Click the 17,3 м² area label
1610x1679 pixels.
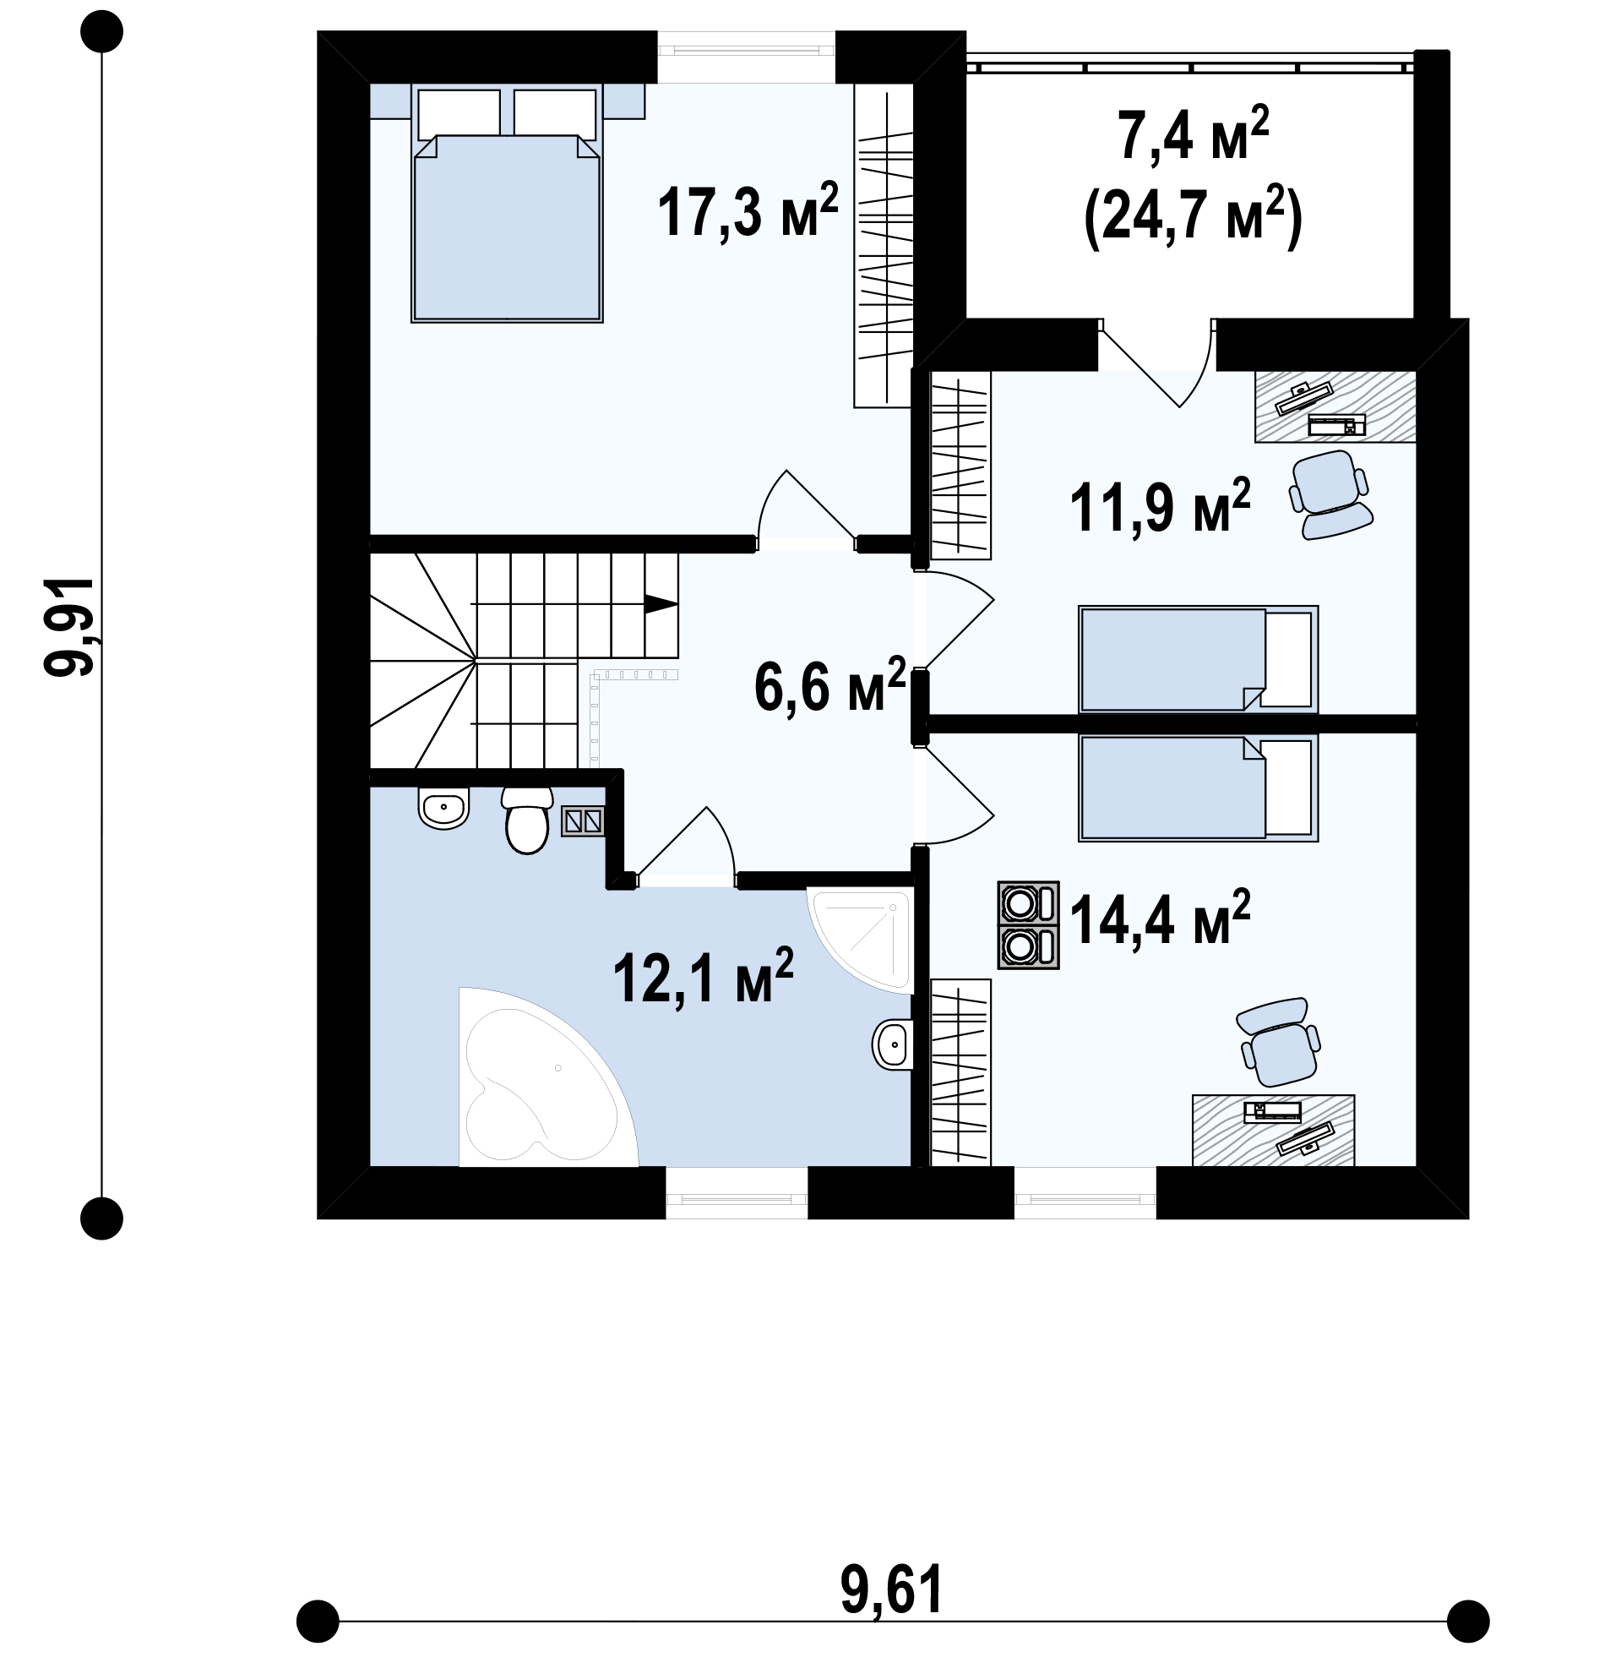[x=747, y=209]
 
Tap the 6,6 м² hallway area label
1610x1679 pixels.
[x=829, y=684]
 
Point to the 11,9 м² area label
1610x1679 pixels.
[x=1160, y=505]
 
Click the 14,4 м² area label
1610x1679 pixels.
[x=1160, y=917]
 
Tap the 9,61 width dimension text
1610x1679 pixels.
[x=891, y=1589]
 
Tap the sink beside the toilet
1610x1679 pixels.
[x=443, y=806]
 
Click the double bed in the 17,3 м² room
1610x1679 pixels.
[x=507, y=203]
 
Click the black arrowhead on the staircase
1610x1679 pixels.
[x=661, y=603]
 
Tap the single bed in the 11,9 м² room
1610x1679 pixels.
[x=1198, y=659]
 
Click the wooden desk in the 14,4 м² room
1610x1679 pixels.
[x=1274, y=1130]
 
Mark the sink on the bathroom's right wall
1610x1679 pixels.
[x=892, y=1044]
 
